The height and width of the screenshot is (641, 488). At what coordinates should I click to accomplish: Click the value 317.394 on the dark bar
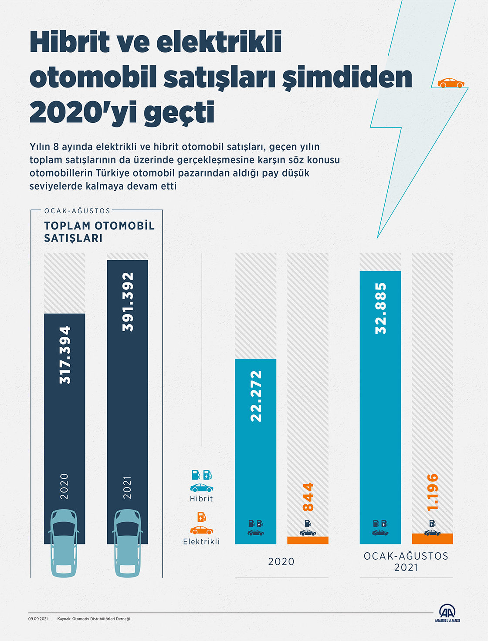pyautogui.click(x=65, y=355)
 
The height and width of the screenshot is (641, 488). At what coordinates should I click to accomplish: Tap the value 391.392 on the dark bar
pyautogui.click(x=128, y=302)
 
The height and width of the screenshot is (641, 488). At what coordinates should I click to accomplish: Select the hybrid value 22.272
pyautogui.click(x=256, y=396)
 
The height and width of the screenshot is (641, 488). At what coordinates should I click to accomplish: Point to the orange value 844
pyautogui.click(x=308, y=497)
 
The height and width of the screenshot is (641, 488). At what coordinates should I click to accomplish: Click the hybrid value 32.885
pyautogui.click(x=380, y=308)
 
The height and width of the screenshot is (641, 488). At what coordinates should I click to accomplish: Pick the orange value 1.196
pyautogui.click(x=432, y=492)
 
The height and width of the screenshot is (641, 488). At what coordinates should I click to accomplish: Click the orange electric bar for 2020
pyautogui.click(x=308, y=540)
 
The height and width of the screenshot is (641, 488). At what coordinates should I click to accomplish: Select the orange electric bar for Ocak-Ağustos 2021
pyautogui.click(x=432, y=539)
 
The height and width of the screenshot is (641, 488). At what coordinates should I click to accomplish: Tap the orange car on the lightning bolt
pyautogui.click(x=451, y=83)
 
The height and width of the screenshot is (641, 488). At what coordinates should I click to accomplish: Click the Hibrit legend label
pyautogui.click(x=201, y=499)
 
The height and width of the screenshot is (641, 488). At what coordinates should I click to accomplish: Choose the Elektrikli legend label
pyautogui.click(x=201, y=542)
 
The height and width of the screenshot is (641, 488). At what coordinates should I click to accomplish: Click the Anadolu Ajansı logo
pyautogui.click(x=447, y=613)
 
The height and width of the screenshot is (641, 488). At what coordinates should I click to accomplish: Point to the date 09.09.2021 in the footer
pyautogui.click(x=38, y=619)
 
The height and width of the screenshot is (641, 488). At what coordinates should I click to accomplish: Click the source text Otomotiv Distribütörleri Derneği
pyautogui.click(x=101, y=619)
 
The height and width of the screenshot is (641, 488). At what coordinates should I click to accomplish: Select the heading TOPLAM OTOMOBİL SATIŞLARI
pyautogui.click(x=99, y=232)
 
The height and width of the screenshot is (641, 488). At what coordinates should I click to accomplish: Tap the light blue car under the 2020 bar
pyautogui.click(x=64, y=543)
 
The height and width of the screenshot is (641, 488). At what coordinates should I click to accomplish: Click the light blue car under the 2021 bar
pyautogui.click(x=127, y=543)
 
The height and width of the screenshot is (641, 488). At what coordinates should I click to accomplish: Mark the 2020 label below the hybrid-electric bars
pyautogui.click(x=281, y=562)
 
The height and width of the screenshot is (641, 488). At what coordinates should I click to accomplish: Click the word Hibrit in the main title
pyautogui.click(x=70, y=42)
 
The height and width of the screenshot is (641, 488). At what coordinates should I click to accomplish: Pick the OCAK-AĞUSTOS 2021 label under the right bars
pyautogui.click(x=406, y=562)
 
